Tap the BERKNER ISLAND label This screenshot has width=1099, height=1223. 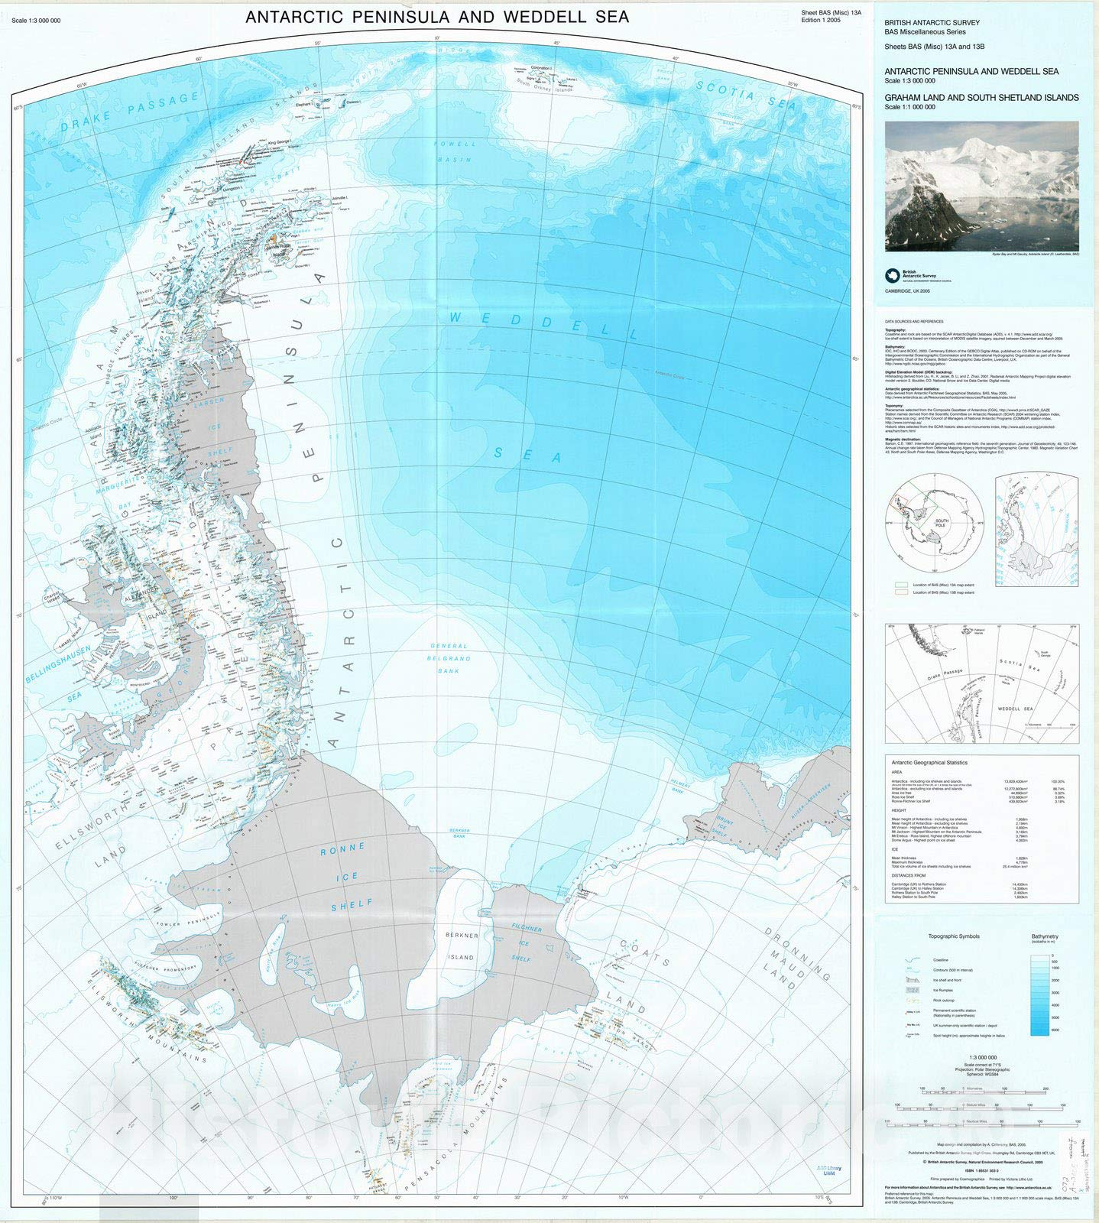461,946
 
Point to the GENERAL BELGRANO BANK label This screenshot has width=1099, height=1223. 449,658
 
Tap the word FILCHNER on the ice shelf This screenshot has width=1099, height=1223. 527,929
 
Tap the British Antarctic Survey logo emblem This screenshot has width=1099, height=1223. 892,275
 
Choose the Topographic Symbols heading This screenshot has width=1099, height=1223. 953,936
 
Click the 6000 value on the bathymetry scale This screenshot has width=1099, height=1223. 1055,1031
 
